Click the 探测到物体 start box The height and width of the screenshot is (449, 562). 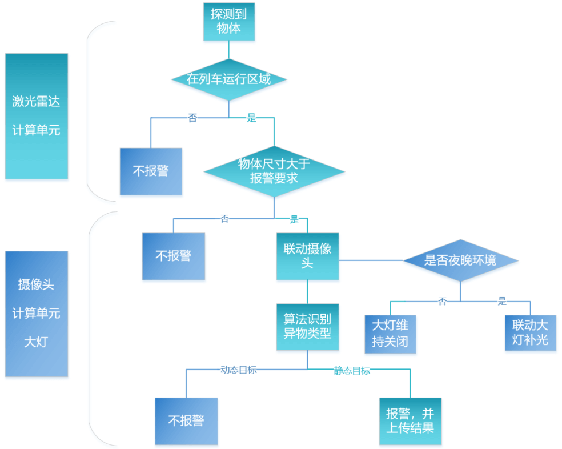(x=229, y=22)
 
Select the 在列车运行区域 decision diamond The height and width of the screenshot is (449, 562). (x=229, y=79)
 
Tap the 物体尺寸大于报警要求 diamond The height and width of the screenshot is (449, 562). (x=274, y=171)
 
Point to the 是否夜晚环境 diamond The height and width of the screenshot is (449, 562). (x=460, y=260)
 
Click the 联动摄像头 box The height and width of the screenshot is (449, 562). (x=307, y=256)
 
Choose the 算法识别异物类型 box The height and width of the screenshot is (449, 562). (x=307, y=326)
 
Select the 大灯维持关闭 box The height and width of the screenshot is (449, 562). (x=390, y=333)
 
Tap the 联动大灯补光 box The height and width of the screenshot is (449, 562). (x=530, y=333)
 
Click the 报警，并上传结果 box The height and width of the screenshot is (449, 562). (x=410, y=421)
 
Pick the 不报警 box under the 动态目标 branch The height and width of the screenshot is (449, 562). (x=186, y=421)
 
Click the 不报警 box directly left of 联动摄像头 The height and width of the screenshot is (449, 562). (x=173, y=256)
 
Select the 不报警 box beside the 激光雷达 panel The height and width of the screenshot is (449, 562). (x=151, y=171)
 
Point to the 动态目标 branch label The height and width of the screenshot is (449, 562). (x=238, y=370)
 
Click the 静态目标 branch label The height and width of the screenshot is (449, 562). (x=352, y=370)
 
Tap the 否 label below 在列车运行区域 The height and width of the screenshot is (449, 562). (x=192, y=118)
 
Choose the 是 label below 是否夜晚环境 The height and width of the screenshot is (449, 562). (x=502, y=301)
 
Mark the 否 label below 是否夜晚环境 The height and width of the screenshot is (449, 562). (x=442, y=301)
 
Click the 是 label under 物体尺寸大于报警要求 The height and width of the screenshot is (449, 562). (x=295, y=219)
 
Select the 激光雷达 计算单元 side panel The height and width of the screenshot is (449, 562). (x=37, y=116)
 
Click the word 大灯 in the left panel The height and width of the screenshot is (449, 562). (x=37, y=342)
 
